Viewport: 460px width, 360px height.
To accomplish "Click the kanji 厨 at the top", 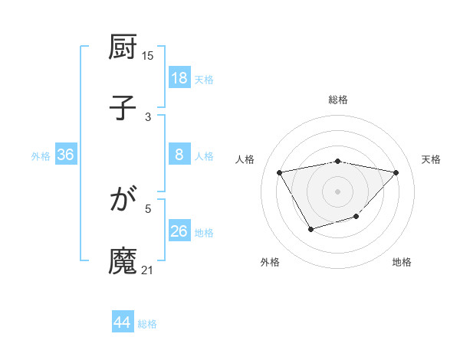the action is (x=123, y=47).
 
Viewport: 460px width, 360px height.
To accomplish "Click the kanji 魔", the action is (x=123, y=260).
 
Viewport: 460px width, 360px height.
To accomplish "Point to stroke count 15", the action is (x=148, y=55).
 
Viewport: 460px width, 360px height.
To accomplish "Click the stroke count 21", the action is (x=148, y=270).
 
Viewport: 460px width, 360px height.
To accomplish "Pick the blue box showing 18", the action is (x=179, y=78).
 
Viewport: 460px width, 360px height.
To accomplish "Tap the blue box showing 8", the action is (x=179, y=155).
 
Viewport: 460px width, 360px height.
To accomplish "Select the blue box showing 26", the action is (x=179, y=231).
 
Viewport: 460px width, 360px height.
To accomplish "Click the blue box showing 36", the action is (x=66, y=155).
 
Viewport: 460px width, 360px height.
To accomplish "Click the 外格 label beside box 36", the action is (x=41, y=155).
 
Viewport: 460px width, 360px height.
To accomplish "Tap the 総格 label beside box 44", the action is (x=147, y=324).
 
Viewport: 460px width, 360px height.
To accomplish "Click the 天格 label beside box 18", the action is (x=204, y=79).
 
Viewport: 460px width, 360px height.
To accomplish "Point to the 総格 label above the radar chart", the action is (x=338, y=100).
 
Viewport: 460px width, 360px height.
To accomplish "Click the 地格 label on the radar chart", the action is (x=402, y=262).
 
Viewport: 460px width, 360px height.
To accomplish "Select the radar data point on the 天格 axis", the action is (x=396, y=172).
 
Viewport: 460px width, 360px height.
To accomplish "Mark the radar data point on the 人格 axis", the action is (x=279, y=172).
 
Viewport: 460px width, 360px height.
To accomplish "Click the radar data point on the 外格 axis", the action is (x=310, y=229).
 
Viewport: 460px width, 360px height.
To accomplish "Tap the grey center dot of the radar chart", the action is (x=338, y=191).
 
